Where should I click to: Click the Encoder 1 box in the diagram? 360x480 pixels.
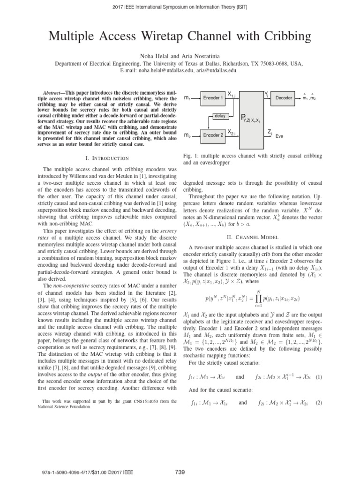click(212, 98)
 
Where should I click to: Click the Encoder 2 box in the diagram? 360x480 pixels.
click(212, 135)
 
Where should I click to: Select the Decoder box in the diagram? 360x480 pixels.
click(283, 98)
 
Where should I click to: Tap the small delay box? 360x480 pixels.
click(219, 115)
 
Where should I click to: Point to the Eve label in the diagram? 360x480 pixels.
click(279, 136)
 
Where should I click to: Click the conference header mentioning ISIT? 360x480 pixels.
click(180, 7)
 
